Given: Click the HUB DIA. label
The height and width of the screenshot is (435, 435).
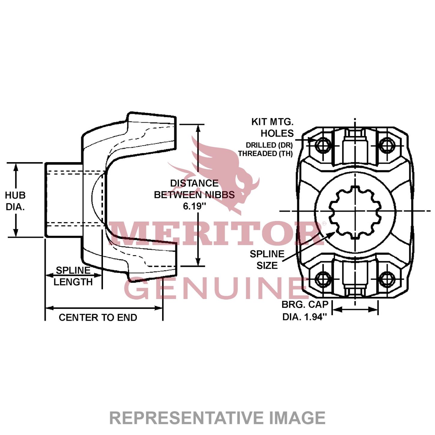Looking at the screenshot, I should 15,201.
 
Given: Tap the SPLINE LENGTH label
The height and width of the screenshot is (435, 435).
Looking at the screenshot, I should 73,276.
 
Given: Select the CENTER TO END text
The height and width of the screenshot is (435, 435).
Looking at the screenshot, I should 98,317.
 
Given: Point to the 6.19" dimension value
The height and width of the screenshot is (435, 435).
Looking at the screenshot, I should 195,206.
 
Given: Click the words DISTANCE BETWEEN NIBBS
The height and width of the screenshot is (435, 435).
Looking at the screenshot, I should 194,189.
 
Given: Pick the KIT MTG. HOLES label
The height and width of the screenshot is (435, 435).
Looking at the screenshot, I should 273,127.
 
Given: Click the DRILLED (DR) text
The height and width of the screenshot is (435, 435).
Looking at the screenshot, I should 269,145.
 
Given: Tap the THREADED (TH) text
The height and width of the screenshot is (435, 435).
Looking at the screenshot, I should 265,153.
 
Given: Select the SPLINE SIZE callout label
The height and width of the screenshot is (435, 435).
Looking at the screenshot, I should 267,260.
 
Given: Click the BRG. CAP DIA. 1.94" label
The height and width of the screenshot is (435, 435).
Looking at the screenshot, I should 305,311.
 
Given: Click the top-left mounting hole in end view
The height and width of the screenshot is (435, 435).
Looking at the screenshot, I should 323,146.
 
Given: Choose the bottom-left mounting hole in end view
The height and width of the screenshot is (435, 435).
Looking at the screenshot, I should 323,279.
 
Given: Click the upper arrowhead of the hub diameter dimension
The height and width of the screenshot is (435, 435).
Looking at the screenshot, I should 16,167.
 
